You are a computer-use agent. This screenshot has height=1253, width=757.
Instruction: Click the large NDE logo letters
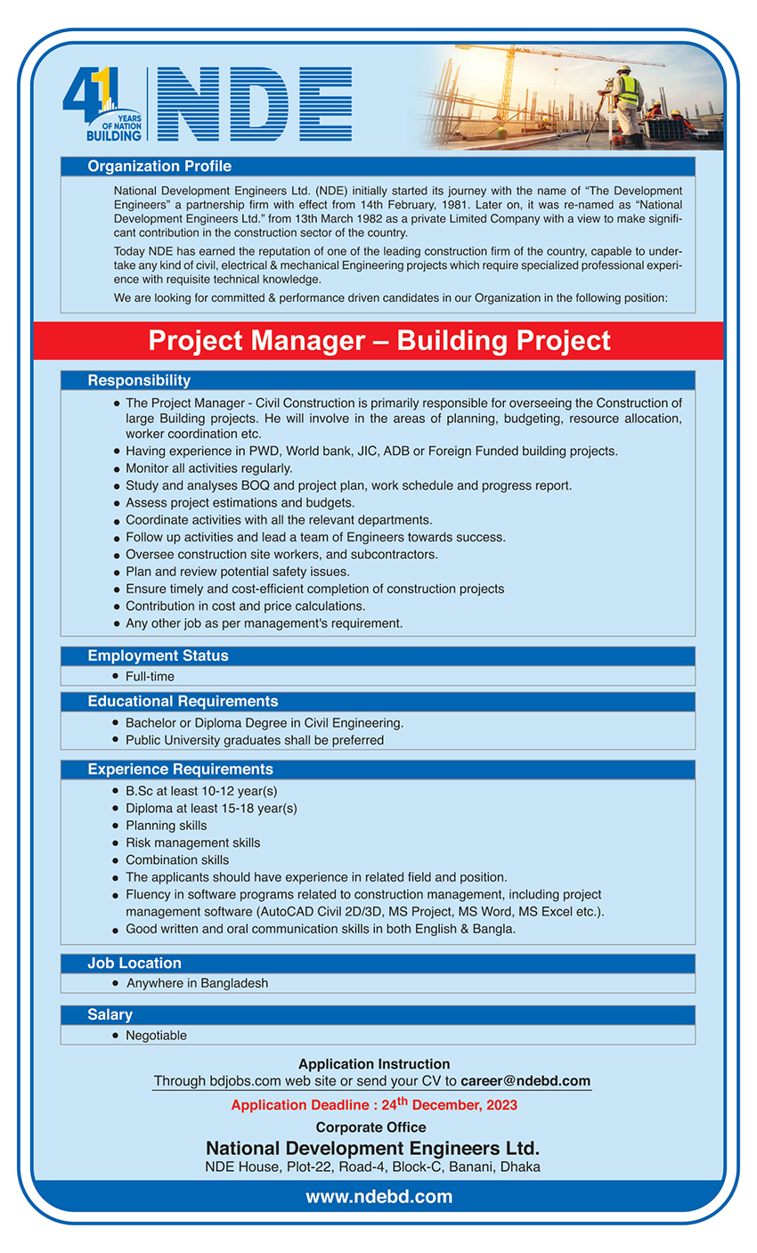coord(255,105)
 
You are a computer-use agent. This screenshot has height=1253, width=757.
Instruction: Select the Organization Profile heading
coord(159,167)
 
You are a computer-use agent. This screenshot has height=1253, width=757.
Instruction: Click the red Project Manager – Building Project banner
coord(378,340)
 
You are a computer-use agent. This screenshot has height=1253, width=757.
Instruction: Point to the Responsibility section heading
coord(139,380)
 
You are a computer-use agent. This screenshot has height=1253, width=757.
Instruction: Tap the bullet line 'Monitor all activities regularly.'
coord(208,468)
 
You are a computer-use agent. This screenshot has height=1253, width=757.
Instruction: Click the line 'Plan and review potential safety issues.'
coord(237,572)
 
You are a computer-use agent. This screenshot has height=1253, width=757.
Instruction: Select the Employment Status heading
coord(158,655)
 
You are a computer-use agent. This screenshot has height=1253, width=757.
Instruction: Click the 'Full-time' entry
coord(150,677)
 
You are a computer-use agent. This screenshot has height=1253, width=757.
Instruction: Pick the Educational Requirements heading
coord(183,702)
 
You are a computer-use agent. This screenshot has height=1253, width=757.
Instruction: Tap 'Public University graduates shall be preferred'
coord(255,740)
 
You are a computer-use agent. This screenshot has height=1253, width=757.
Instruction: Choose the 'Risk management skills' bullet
coord(192,842)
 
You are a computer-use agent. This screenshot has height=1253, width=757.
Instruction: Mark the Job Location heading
coord(134,964)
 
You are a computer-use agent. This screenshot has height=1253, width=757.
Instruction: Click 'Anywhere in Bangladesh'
coord(197,984)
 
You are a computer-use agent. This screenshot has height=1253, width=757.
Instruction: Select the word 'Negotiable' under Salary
coord(156,1036)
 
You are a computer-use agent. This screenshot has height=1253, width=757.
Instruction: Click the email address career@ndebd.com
coord(525,1081)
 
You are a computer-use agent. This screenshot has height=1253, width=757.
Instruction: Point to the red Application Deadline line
coord(374,1105)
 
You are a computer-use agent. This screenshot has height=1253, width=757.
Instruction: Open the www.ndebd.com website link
coord(378,1197)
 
